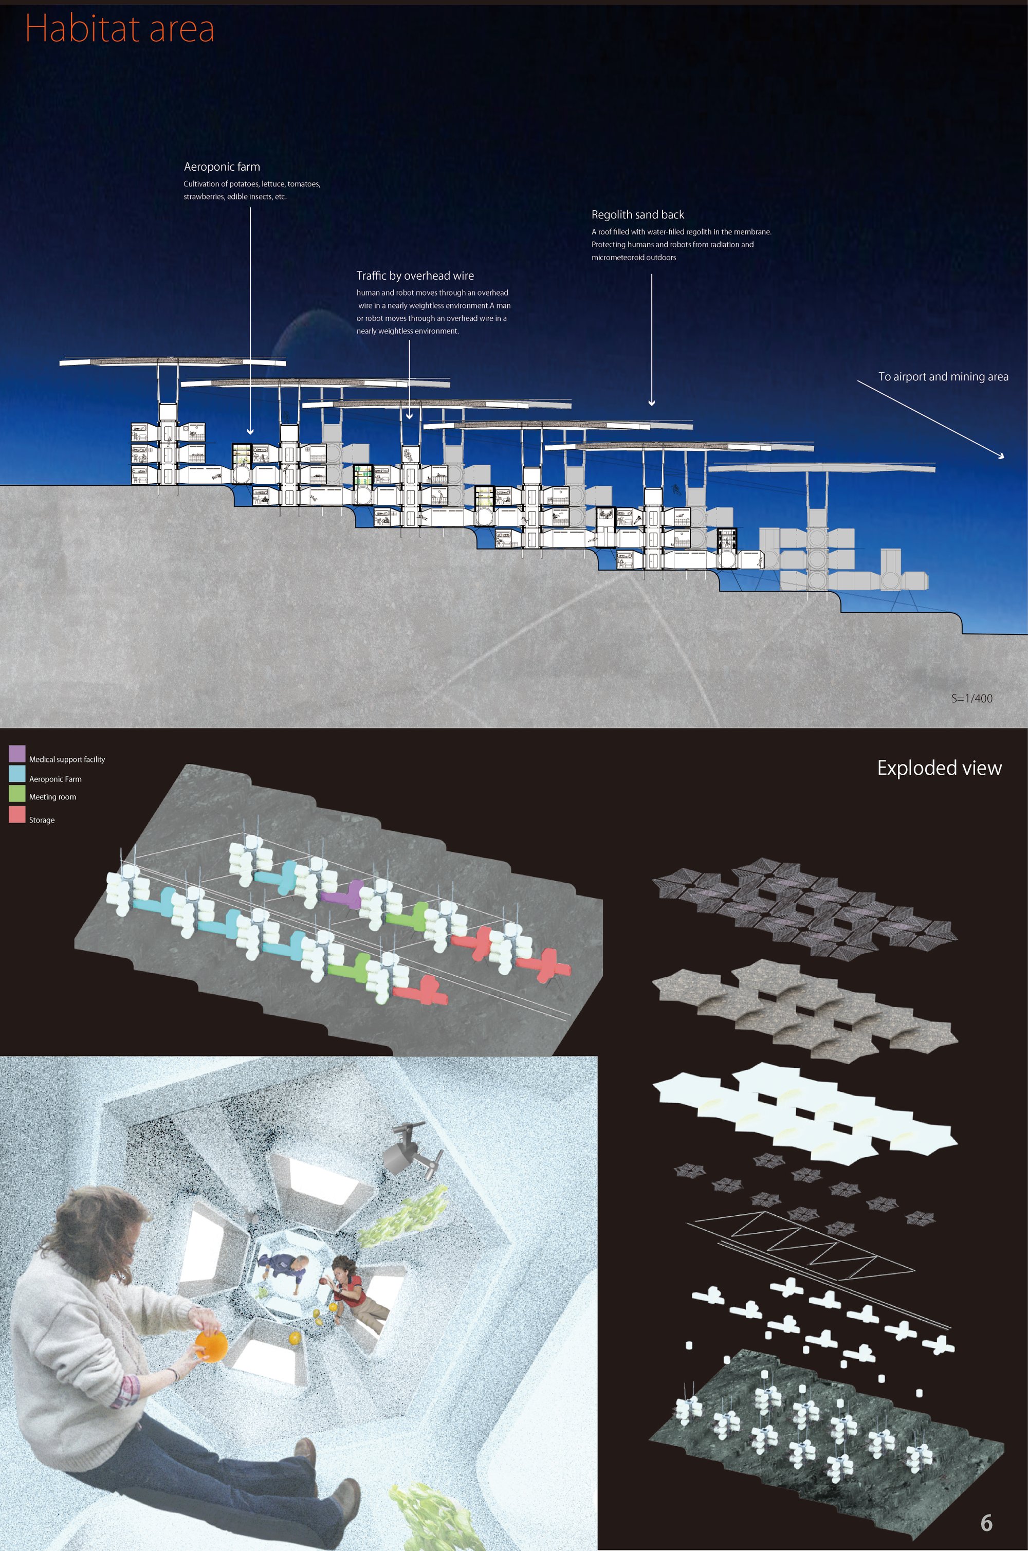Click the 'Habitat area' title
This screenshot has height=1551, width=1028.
120,29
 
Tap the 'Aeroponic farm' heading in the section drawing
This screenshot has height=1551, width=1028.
222,167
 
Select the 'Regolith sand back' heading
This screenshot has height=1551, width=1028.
637,214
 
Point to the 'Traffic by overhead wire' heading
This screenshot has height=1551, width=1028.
415,276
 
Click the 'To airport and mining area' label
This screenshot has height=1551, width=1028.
943,376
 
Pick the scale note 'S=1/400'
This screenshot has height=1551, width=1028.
971,698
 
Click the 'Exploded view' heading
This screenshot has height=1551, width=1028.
940,768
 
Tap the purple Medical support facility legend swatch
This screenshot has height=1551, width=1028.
17,754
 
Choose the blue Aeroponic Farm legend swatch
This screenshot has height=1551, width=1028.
17,774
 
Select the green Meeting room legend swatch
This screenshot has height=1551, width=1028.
17,793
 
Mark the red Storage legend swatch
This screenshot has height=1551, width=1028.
17,815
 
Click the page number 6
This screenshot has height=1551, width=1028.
986,1522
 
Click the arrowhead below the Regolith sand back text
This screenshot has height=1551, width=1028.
652,403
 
